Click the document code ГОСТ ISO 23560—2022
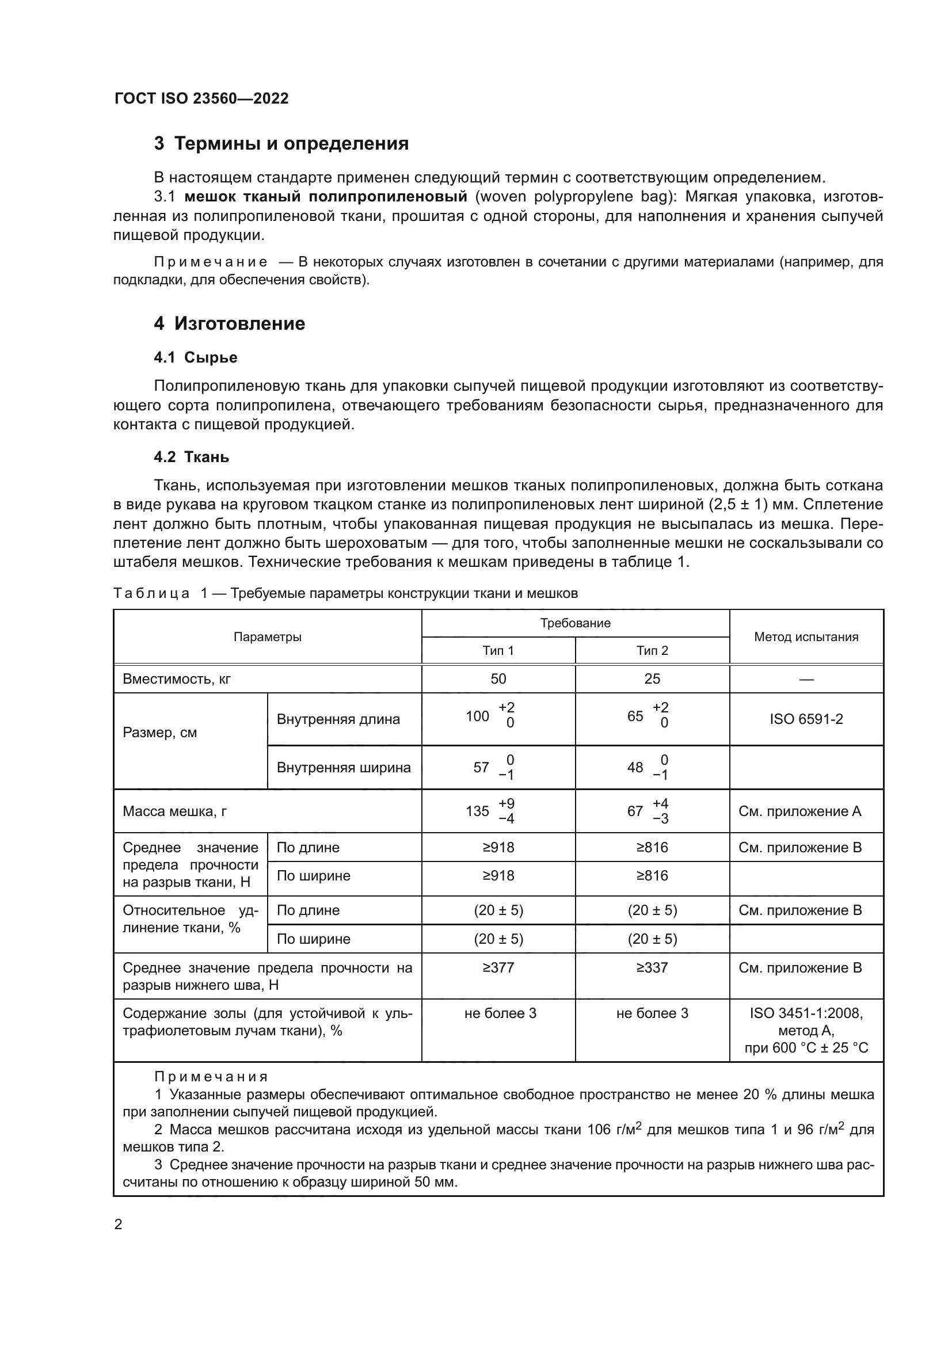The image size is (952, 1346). [x=201, y=98]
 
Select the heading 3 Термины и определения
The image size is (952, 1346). [x=281, y=144]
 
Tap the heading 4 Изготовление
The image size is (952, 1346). [x=229, y=323]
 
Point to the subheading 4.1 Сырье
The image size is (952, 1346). [x=195, y=357]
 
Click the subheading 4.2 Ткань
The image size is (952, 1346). [x=191, y=457]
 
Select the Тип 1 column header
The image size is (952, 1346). [x=498, y=651]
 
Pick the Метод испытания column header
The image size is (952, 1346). [x=806, y=637]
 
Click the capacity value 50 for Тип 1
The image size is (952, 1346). [x=498, y=679]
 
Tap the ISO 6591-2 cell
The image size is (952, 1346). [x=806, y=719]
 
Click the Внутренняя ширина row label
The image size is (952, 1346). [x=344, y=768]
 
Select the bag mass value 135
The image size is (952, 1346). [x=477, y=811]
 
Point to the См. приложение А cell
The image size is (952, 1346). [x=799, y=812]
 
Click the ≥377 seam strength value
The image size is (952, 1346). [x=498, y=968]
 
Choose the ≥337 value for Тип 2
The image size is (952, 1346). [x=652, y=968]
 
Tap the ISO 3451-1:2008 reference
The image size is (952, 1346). [x=806, y=1013]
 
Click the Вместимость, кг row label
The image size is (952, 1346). [x=177, y=680]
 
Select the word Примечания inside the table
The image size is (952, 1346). [x=211, y=1077]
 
